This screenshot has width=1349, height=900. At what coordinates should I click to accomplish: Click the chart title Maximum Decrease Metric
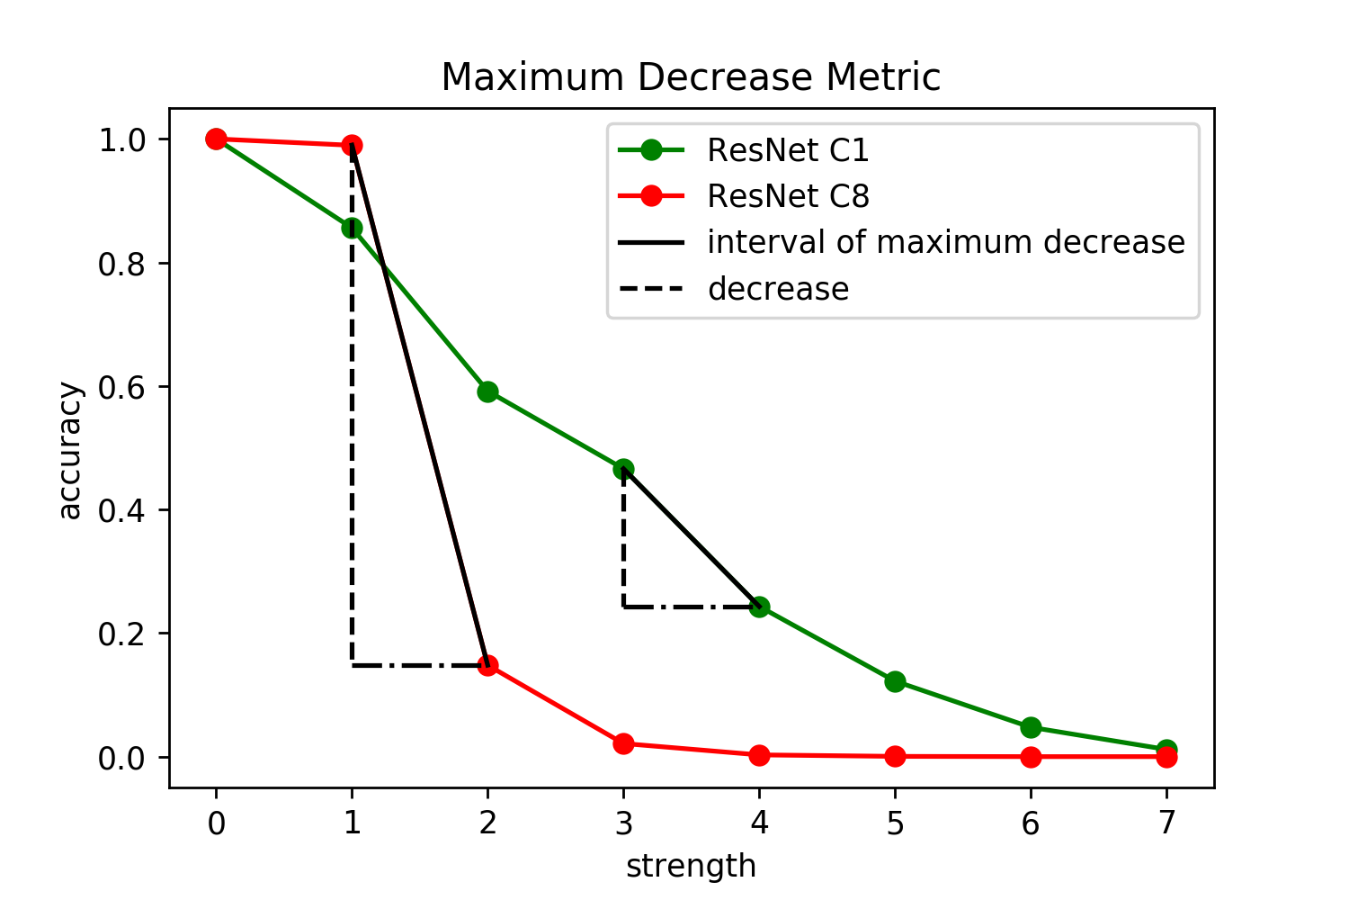point(691,77)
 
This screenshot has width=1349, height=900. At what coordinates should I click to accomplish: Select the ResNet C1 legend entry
point(743,150)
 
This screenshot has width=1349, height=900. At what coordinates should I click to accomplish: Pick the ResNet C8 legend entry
point(743,196)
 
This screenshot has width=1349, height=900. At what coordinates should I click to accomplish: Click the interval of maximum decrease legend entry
point(901,242)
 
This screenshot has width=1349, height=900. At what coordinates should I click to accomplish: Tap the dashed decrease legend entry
point(734,289)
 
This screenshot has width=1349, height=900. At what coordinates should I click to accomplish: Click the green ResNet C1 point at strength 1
point(352,229)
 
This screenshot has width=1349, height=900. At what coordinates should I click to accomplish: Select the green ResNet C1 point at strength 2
point(487,392)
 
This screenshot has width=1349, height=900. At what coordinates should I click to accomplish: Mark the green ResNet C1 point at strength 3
point(623,469)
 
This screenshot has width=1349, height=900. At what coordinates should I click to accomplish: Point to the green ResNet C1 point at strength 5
point(895,682)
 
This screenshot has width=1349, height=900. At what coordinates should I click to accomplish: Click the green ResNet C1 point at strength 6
point(1031,727)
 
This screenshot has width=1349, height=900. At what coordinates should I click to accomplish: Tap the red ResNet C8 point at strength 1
point(352,145)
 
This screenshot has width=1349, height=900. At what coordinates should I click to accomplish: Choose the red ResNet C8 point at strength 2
point(487,665)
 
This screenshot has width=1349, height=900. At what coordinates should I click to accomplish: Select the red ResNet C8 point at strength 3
point(623,743)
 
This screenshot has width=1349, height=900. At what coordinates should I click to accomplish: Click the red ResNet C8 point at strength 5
point(895,756)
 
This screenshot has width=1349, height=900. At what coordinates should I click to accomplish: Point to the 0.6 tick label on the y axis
point(121,388)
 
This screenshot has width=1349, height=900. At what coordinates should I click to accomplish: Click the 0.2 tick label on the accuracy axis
point(121,634)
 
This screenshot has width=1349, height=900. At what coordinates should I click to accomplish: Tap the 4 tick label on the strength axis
point(759,823)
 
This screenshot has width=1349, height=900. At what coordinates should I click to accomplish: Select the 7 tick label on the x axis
point(1166,823)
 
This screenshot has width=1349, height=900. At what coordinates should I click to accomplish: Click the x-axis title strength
point(692,867)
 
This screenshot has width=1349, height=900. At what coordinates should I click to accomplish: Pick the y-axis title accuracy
point(70,450)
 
